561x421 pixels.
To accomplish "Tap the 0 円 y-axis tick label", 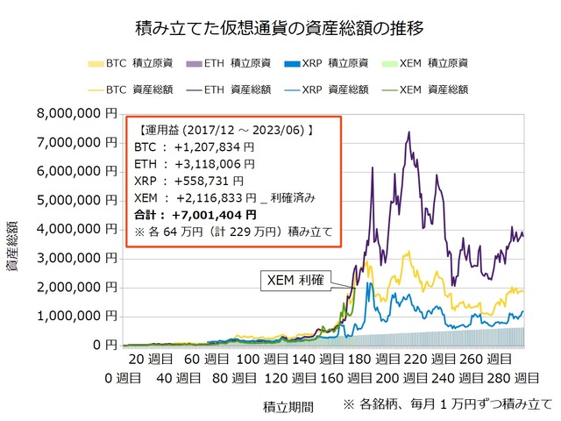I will [103, 345].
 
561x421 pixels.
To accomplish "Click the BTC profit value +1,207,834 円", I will [212, 146].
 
